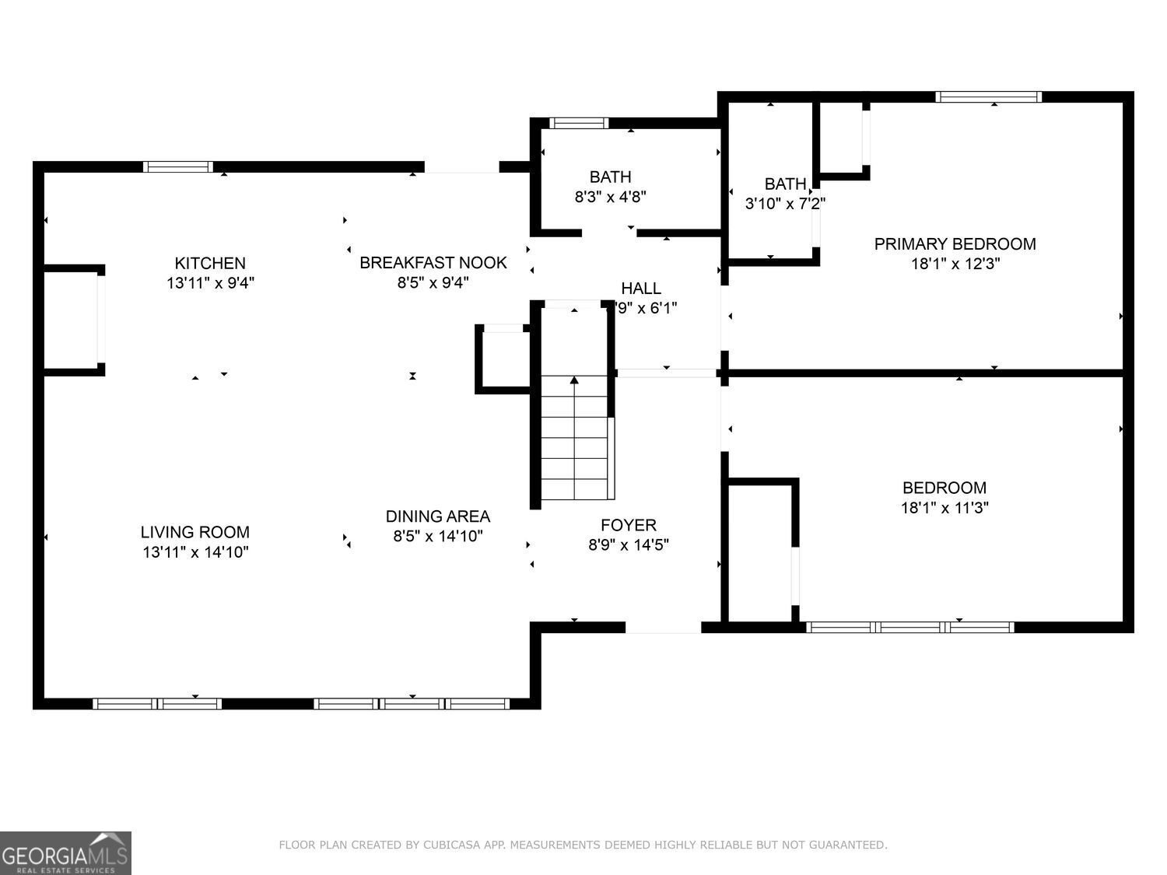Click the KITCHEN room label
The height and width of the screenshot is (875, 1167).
tap(210, 264)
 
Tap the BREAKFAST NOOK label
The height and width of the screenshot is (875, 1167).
tap(433, 263)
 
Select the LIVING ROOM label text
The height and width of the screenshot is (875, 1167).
tap(194, 532)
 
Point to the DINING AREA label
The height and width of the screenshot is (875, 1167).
tap(437, 516)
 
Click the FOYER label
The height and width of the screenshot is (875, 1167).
tap(628, 525)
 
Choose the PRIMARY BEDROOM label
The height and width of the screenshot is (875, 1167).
tap(955, 244)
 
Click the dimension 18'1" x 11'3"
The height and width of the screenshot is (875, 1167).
tap(944, 508)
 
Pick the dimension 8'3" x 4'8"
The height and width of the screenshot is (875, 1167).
tap(610, 197)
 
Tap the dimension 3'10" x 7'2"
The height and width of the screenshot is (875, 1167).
tap(784, 204)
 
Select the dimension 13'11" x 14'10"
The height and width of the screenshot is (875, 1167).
tap(194, 552)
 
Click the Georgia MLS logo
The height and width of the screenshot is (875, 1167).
tap(65, 853)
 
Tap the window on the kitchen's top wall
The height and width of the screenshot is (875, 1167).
tap(178, 166)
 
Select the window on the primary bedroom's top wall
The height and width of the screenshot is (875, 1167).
tap(988, 97)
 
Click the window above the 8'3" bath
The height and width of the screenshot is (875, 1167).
tap(579, 123)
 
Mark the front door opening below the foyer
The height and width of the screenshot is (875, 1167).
tap(663, 628)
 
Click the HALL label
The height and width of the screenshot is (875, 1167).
tap(640, 289)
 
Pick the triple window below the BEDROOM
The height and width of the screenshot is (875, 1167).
tap(909, 627)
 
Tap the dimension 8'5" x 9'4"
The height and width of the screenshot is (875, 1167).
tap(433, 282)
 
